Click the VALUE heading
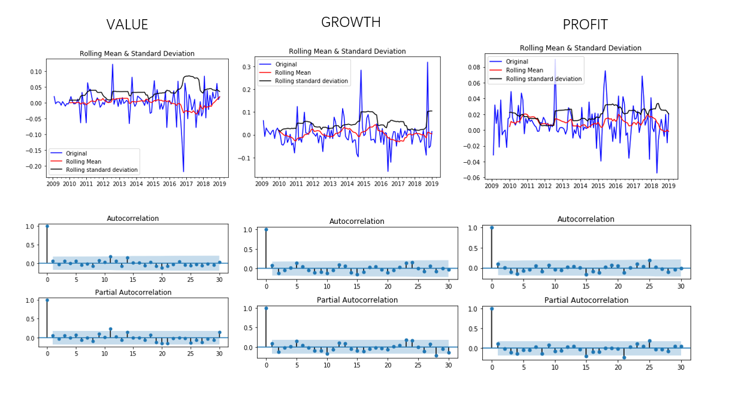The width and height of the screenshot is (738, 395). tap(127, 25)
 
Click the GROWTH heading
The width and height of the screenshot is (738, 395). tap(350, 22)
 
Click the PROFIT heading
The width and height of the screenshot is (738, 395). tap(585, 25)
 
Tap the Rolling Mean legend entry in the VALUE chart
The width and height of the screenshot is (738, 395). tap(83, 162)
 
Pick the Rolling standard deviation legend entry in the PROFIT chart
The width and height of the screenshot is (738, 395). tap(543, 78)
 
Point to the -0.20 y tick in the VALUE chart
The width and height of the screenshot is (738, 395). tap(35, 166)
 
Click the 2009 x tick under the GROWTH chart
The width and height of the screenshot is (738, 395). tap(262, 184)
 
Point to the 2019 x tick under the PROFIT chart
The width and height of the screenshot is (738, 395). tap(669, 186)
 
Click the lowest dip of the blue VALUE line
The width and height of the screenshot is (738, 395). tap(183, 172)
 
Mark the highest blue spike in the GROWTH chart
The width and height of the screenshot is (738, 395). tap(427, 62)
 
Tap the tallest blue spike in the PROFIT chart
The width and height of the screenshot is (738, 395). tap(555, 59)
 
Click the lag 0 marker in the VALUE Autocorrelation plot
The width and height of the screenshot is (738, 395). tap(47, 226)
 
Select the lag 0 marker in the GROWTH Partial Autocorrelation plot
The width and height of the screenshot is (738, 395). tap(266, 308)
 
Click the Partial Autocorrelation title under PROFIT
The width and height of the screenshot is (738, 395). tap(585, 300)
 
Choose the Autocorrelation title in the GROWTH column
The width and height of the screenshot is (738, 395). tap(356, 221)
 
